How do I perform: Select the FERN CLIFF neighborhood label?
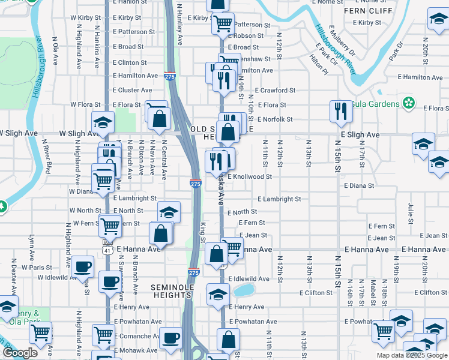click(363, 11)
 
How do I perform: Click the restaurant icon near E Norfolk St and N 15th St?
click(340, 112)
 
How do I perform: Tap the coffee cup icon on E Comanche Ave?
click(170, 339)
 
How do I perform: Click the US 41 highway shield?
click(107, 247)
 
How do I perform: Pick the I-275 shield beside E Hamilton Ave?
click(170, 76)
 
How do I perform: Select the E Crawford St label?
click(275, 91)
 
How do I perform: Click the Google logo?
click(20, 353)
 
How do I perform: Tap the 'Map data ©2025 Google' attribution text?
click(412, 355)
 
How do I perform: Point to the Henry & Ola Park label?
click(27, 317)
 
